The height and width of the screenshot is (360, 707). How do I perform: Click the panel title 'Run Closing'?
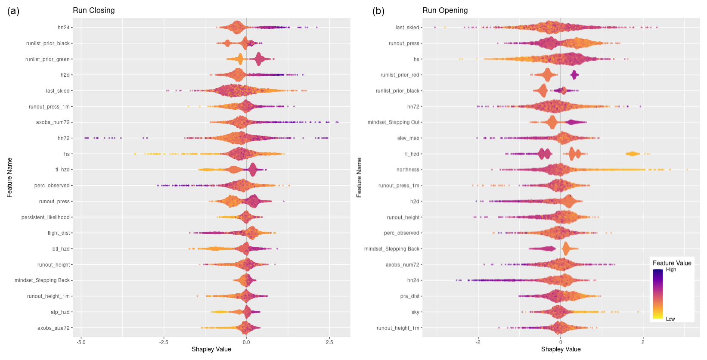click(x=93, y=10)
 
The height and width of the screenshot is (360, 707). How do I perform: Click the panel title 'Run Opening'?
click(x=445, y=10)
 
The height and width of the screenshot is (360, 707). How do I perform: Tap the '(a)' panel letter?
click(x=13, y=11)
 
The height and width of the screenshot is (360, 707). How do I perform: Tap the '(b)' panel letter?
click(x=378, y=11)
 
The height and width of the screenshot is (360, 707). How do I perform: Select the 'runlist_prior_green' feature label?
click(x=47, y=59)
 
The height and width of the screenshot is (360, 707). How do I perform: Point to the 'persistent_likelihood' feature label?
click(x=45, y=217)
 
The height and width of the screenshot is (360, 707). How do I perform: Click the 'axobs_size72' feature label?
click(x=53, y=328)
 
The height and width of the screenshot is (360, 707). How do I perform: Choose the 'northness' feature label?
click(x=408, y=170)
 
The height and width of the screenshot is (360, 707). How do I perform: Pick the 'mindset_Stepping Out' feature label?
click(x=393, y=122)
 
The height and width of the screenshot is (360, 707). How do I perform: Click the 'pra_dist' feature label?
click(x=409, y=296)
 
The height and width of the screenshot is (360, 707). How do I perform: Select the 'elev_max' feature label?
click(x=408, y=138)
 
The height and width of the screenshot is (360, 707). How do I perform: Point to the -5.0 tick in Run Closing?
click(x=81, y=342)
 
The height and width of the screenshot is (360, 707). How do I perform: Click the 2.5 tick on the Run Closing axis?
click(x=329, y=342)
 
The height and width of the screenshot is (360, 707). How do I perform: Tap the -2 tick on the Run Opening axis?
click(x=478, y=342)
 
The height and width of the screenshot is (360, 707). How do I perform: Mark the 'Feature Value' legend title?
click(x=672, y=263)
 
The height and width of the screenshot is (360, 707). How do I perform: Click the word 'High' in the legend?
click(x=671, y=270)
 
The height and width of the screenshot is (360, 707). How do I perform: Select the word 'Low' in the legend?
click(x=670, y=319)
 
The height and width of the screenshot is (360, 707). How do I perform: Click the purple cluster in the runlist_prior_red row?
click(x=574, y=75)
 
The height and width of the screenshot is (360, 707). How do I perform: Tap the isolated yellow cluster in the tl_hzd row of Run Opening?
click(x=632, y=154)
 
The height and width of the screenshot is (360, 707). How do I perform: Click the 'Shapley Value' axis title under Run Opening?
click(x=561, y=349)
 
